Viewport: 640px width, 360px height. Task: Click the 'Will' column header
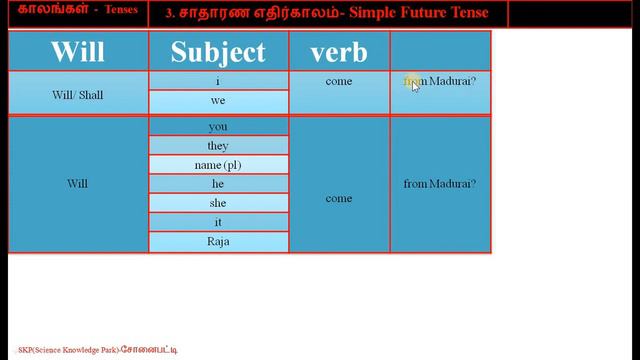(78, 51)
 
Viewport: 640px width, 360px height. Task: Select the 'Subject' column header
(218, 51)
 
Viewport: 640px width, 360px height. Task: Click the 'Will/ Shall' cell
(77, 95)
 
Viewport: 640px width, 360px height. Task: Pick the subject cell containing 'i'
(218, 81)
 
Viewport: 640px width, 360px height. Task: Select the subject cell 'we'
(218, 101)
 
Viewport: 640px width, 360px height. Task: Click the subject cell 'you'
(218, 127)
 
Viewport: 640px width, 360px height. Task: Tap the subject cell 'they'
(218, 146)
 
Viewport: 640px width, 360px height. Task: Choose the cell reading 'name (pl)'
(218, 165)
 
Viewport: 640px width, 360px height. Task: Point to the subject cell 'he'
(218, 184)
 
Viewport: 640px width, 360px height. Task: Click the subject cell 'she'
(218, 203)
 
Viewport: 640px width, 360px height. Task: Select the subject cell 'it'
(218, 222)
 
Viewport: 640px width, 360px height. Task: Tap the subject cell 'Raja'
(218, 242)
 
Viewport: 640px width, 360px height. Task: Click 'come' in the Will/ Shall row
(339, 81)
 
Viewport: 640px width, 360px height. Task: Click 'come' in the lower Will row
(339, 198)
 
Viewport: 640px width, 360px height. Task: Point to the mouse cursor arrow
(415, 85)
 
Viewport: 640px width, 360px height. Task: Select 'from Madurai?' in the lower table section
(439, 184)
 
